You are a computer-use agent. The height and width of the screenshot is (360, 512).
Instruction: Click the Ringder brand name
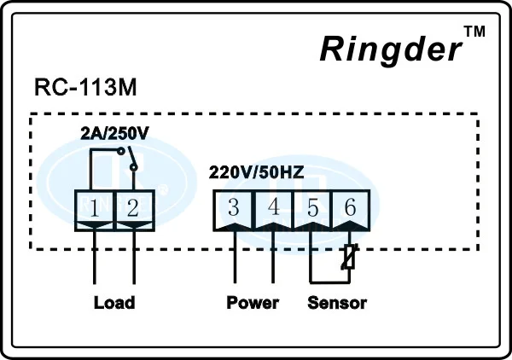pos(391,49)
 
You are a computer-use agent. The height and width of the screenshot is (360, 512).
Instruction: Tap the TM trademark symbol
pos(474,32)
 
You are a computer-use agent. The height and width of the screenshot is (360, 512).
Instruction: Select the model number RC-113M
pos(85,88)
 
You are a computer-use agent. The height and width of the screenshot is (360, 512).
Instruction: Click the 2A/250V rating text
pos(114,133)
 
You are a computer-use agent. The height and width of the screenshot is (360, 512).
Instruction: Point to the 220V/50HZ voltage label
pos(256,172)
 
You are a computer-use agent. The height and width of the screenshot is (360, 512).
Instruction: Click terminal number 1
pos(94,208)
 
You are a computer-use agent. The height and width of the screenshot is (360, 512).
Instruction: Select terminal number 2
pos(133,208)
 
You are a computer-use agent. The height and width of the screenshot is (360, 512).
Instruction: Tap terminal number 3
pos(234,207)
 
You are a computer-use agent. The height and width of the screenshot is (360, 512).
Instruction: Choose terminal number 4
pos(274,207)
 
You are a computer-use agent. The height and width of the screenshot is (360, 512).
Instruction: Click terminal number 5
pos(313,207)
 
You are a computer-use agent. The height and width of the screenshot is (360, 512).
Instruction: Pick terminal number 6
pos(350,207)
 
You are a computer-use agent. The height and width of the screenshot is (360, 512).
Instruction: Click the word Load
pos(114,303)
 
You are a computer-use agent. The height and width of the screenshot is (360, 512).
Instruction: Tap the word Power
pos(253,303)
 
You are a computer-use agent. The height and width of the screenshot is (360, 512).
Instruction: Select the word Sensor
pos(337,303)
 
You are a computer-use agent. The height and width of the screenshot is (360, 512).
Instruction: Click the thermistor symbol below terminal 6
pos(350,257)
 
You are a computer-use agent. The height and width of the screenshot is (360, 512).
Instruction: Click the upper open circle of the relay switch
pos(121,151)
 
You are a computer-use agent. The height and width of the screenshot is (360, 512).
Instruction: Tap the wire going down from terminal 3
pos(235,257)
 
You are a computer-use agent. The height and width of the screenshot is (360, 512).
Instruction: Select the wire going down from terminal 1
pos(95,257)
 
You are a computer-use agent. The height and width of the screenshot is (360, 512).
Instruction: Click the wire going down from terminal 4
pos(273,257)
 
